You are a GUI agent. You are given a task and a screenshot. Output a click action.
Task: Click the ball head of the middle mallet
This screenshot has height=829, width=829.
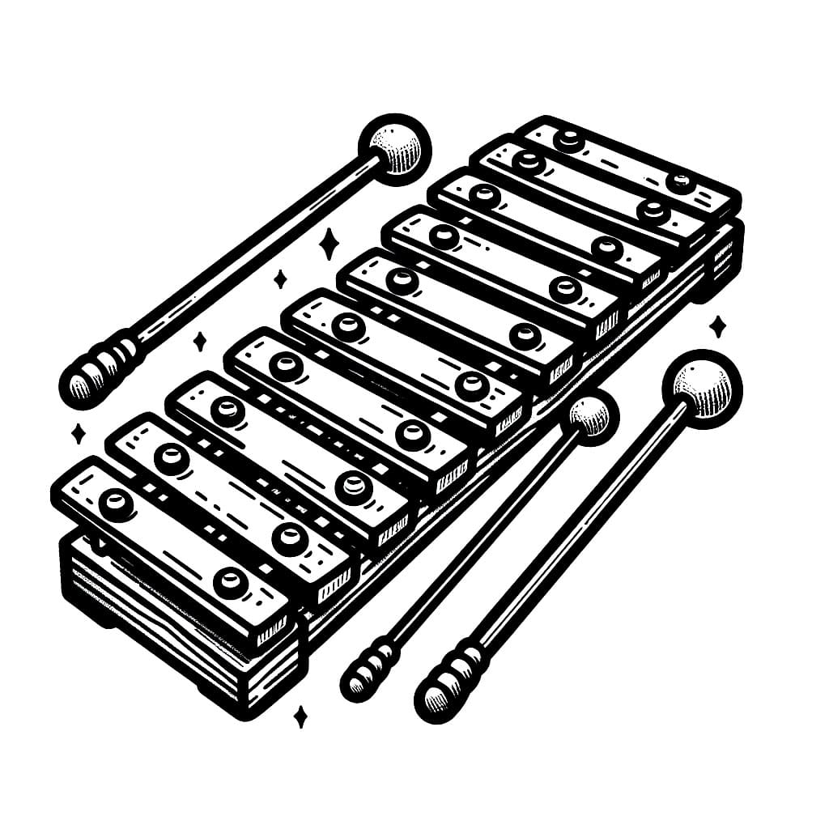click(589, 417)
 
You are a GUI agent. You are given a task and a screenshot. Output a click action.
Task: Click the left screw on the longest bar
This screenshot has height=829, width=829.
click(117, 504)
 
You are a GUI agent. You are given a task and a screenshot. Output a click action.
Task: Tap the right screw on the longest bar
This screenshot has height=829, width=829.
click(231, 581)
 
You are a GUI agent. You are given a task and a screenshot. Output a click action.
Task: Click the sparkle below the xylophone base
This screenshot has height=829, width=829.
click(300, 716)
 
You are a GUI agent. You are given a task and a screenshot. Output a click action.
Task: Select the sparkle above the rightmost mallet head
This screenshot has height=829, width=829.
click(717, 327)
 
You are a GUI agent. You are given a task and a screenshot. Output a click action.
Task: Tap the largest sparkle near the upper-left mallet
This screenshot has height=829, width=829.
click(329, 243)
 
